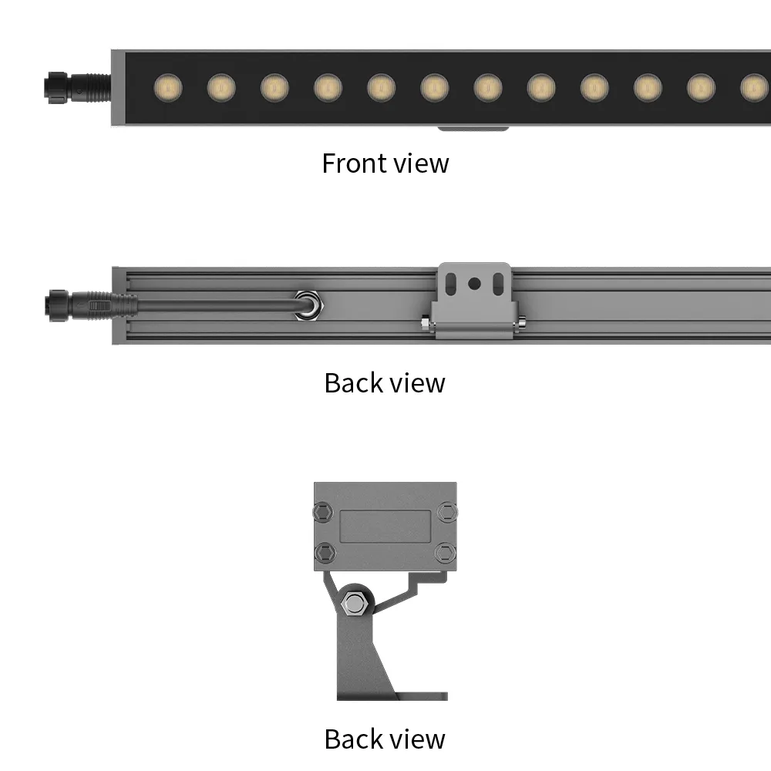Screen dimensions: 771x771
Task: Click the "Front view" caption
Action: point(385,163)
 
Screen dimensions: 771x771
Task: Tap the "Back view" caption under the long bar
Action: point(385,383)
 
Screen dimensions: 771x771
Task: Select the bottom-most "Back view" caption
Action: point(385,739)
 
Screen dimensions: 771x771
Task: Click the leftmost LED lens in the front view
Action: point(168,88)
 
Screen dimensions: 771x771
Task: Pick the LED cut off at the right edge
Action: point(756,88)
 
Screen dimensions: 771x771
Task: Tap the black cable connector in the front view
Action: point(78,88)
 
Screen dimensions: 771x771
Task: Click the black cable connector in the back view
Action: point(91,306)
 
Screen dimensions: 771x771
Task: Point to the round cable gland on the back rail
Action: point(308,305)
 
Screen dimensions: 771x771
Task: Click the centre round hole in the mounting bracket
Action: point(474,284)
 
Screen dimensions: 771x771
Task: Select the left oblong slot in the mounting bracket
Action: point(450,284)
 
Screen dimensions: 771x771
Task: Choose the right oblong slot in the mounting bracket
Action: point(499,284)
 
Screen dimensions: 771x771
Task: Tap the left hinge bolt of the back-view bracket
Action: point(426,323)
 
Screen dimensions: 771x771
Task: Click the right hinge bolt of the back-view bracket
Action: point(521,322)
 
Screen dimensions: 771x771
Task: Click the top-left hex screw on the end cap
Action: point(324,512)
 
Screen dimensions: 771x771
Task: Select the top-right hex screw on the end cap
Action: point(447,512)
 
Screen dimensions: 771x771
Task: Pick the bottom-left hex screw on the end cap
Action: point(325,553)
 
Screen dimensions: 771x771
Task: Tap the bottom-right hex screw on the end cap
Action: point(446,553)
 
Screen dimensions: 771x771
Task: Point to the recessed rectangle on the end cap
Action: point(385,526)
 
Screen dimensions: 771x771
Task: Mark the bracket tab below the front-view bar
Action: point(473,128)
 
